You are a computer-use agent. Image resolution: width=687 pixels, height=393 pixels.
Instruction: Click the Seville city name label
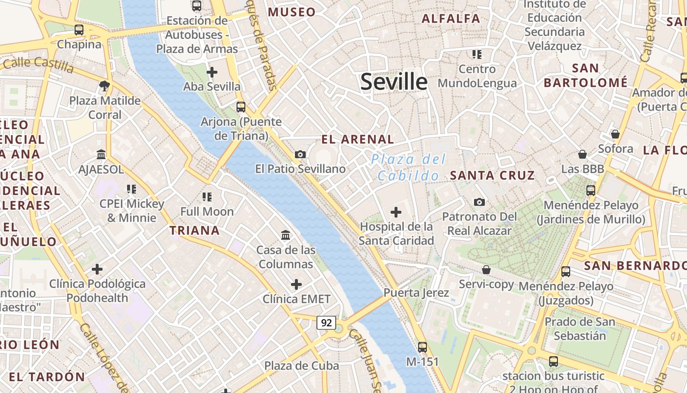point(394,82)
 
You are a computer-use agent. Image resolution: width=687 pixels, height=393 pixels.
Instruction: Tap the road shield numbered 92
point(326,323)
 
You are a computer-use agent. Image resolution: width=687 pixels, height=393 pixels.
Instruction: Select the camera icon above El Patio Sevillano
point(300,154)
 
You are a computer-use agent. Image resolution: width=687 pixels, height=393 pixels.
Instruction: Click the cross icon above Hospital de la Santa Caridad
point(396,212)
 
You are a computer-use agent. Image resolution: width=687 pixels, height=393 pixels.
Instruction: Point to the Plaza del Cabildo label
point(408,167)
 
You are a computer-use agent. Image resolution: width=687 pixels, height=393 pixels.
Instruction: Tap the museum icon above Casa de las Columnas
point(286,235)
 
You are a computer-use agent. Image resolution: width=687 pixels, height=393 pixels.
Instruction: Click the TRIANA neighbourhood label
point(195,230)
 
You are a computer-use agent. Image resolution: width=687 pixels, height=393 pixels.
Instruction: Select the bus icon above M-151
point(423,347)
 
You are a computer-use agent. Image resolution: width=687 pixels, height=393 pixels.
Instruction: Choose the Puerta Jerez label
point(416,293)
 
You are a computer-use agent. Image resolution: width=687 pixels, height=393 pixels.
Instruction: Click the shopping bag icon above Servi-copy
point(486,270)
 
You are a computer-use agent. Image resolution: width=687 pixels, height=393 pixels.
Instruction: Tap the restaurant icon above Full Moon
point(207,197)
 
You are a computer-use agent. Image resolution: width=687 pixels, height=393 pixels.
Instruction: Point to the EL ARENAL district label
point(357,139)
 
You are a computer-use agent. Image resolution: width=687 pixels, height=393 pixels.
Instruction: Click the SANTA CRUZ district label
point(492,175)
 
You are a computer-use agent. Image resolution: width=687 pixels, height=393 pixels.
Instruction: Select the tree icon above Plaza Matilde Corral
point(104,86)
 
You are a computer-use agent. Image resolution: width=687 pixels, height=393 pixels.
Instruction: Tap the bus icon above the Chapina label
point(79,29)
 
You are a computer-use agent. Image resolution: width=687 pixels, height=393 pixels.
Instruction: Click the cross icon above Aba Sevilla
point(212,72)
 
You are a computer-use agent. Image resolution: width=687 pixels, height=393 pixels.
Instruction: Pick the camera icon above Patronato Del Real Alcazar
point(479,202)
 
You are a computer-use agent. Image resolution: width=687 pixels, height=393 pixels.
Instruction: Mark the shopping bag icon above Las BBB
point(582,154)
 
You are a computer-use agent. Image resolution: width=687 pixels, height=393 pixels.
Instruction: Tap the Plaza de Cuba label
point(301,365)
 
